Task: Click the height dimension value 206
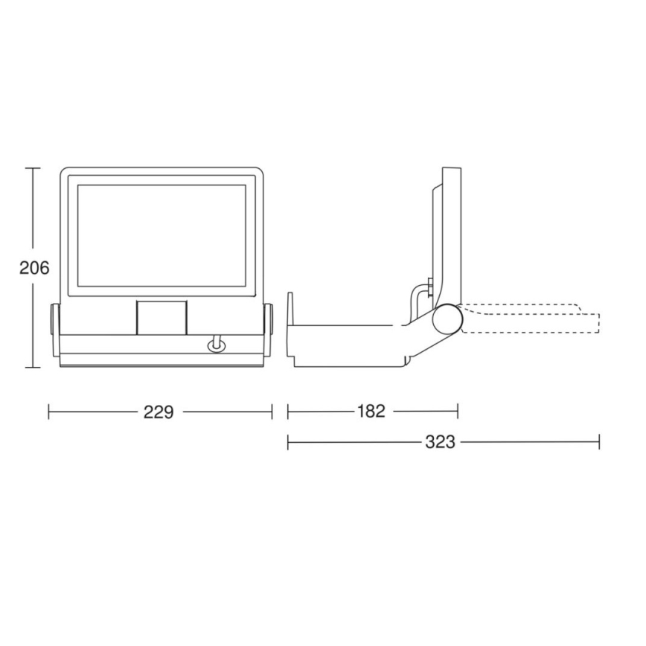(x=34, y=268)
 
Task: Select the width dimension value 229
(x=159, y=412)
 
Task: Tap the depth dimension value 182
(x=371, y=412)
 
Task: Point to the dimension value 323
(x=440, y=442)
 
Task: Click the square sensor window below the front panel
(x=161, y=317)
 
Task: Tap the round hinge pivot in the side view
(x=449, y=319)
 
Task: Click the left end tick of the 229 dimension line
(x=49, y=412)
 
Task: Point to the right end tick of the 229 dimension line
(x=272, y=412)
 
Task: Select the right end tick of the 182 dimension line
(x=457, y=412)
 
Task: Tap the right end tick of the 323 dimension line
(x=598, y=442)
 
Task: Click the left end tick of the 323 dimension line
(x=288, y=442)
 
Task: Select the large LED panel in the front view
(x=161, y=236)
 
